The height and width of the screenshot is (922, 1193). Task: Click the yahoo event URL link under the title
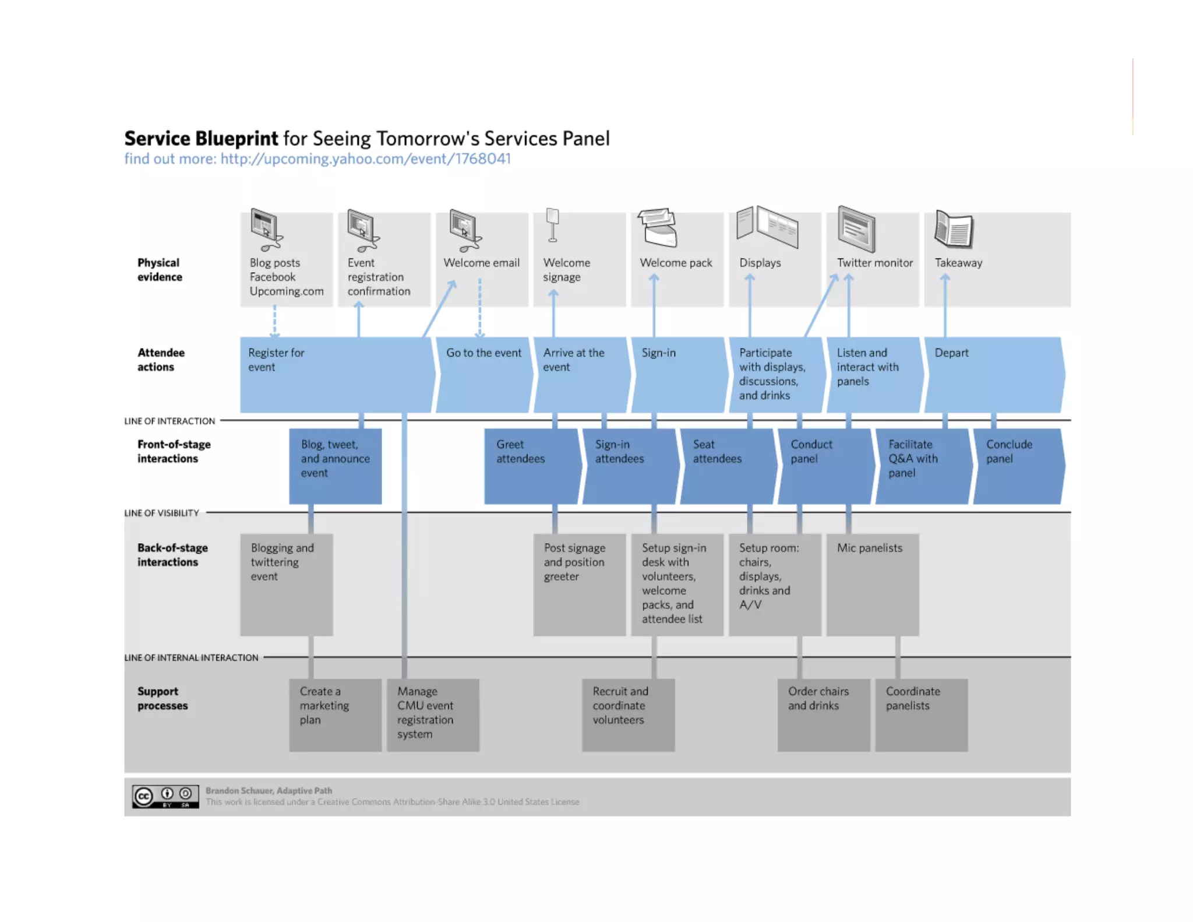pyautogui.click(x=365, y=159)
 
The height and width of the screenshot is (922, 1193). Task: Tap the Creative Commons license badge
pyautogui.click(x=165, y=796)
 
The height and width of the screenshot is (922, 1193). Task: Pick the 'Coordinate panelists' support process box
pyautogui.click(x=921, y=715)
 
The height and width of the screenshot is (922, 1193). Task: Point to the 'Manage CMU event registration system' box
pyautogui.click(x=433, y=715)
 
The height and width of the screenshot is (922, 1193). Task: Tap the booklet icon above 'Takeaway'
pyautogui.click(x=954, y=228)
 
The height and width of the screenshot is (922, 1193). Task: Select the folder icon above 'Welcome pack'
pyautogui.click(x=658, y=227)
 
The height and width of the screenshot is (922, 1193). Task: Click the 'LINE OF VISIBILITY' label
pyautogui.click(x=161, y=513)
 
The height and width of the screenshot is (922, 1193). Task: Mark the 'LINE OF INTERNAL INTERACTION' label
pyautogui.click(x=191, y=657)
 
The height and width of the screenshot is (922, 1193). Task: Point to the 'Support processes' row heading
pyautogui.click(x=163, y=698)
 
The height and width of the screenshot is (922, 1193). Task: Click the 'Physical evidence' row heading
pyautogui.click(x=160, y=269)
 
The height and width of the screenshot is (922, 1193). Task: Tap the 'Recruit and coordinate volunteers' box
pyautogui.click(x=628, y=715)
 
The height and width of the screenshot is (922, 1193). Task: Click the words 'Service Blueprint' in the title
pyautogui.click(x=201, y=139)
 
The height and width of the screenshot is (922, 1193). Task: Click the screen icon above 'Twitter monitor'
pyautogui.click(x=856, y=228)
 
